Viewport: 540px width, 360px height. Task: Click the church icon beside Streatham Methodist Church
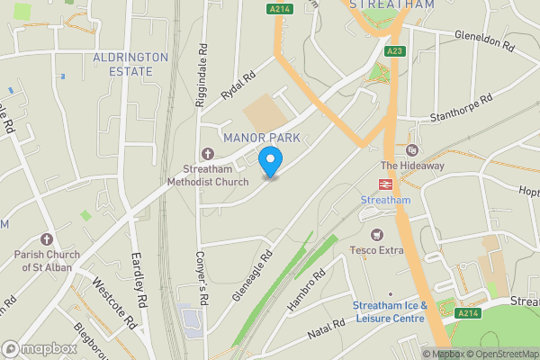tap(208, 152)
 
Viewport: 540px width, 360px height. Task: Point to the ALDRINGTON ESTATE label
tap(130, 63)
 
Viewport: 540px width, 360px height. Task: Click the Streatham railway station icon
tap(385, 183)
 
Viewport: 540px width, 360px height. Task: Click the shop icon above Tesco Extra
tap(365, 213)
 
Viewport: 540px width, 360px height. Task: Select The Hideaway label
tap(412, 166)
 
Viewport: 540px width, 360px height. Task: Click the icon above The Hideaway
tap(412, 149)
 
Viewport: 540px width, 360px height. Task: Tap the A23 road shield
tap(395, 51)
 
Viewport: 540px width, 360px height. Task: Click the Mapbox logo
tap(39, 348)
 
